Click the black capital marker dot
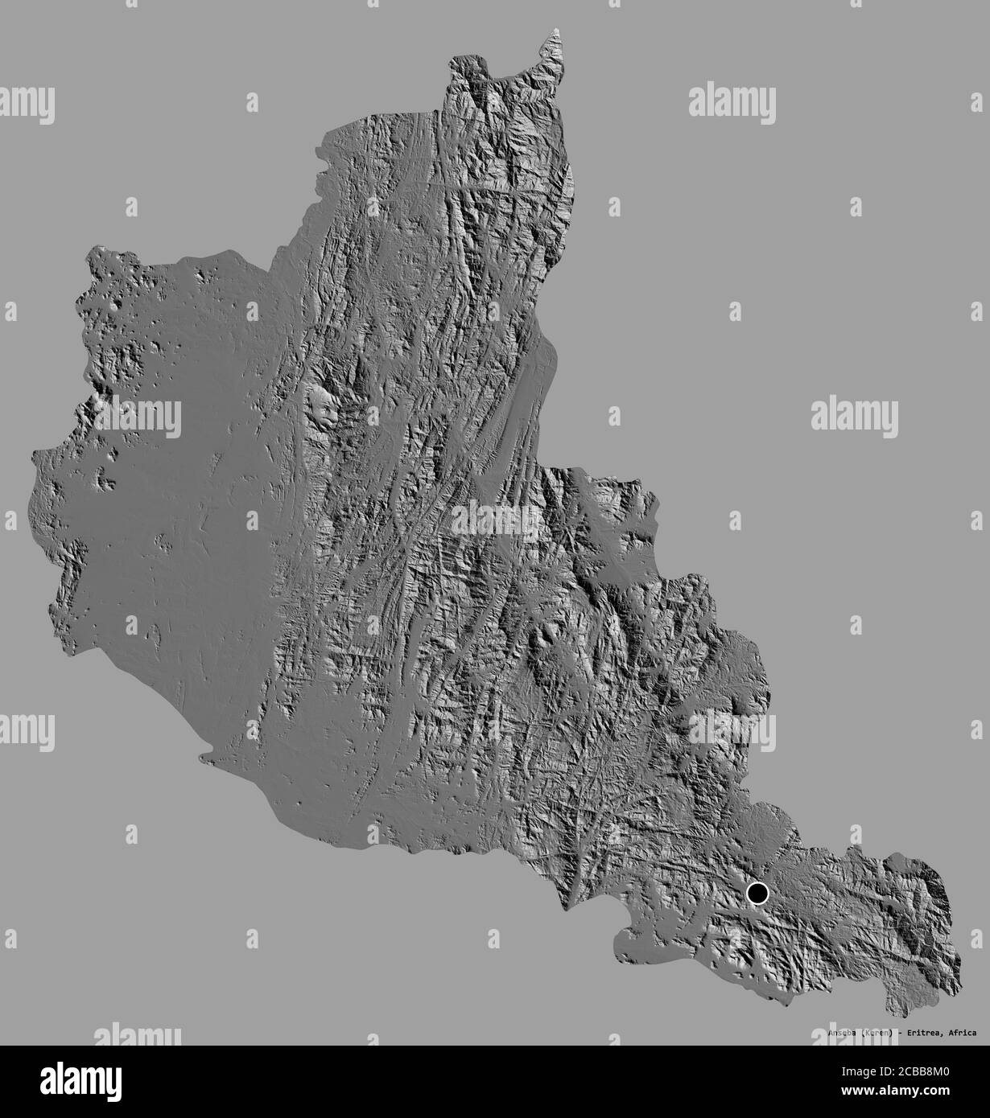tap(757, 894)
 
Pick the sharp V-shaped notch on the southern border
tap(567, 909)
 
